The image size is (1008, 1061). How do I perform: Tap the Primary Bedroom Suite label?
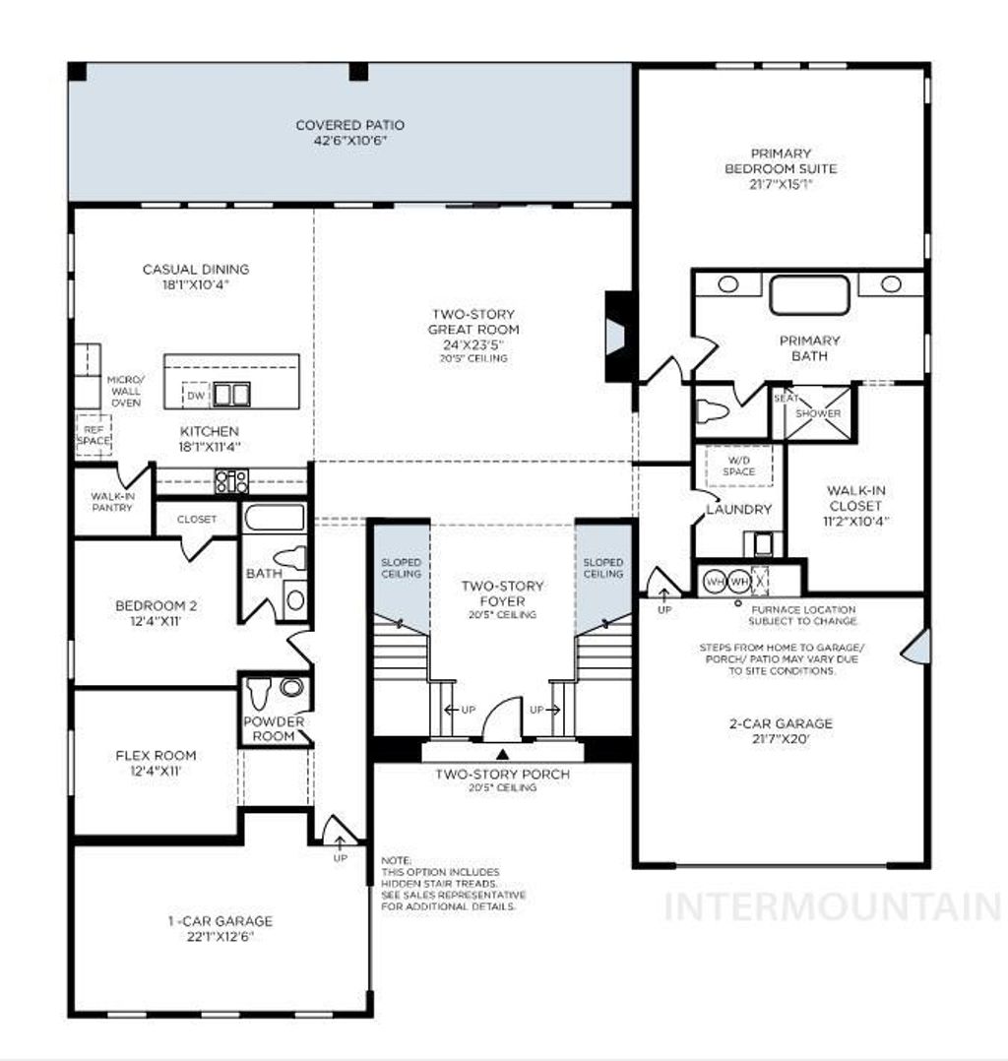[781, 168]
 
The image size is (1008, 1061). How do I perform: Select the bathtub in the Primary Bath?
[808, 295]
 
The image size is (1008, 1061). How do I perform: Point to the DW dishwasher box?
[197, 396]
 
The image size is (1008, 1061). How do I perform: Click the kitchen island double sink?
[232, 395]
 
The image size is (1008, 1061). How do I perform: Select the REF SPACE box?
[94, 434]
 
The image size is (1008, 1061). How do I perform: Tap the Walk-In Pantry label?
[112, 502]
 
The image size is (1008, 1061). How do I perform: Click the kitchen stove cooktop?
[231, 481]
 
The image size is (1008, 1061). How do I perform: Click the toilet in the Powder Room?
[260, 693]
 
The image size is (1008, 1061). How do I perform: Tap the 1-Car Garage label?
[220, 921]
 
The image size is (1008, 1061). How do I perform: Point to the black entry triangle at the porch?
[503, 755]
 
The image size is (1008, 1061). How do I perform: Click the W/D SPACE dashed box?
[739, 466]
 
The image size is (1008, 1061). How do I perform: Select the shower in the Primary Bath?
[818, 413]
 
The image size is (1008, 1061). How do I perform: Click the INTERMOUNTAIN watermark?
[832, 906]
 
